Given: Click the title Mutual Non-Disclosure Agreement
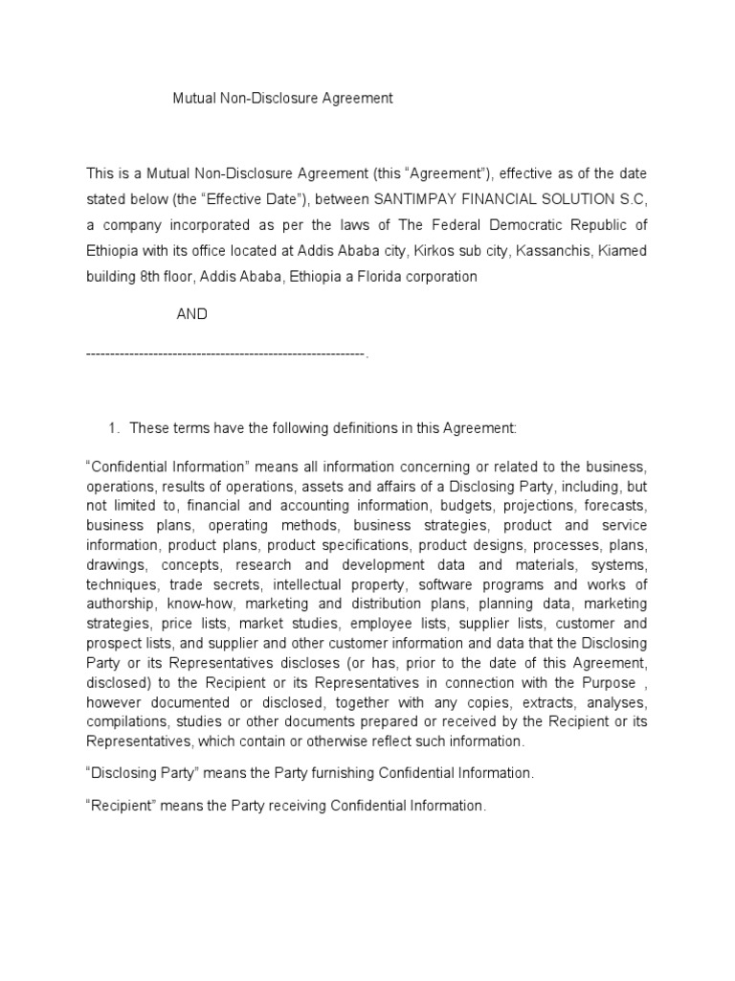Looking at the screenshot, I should point(282,98).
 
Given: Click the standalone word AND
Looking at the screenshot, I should point(191,314).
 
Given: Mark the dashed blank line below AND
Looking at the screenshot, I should point(226,354).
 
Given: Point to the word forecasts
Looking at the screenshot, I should point(616,505).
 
